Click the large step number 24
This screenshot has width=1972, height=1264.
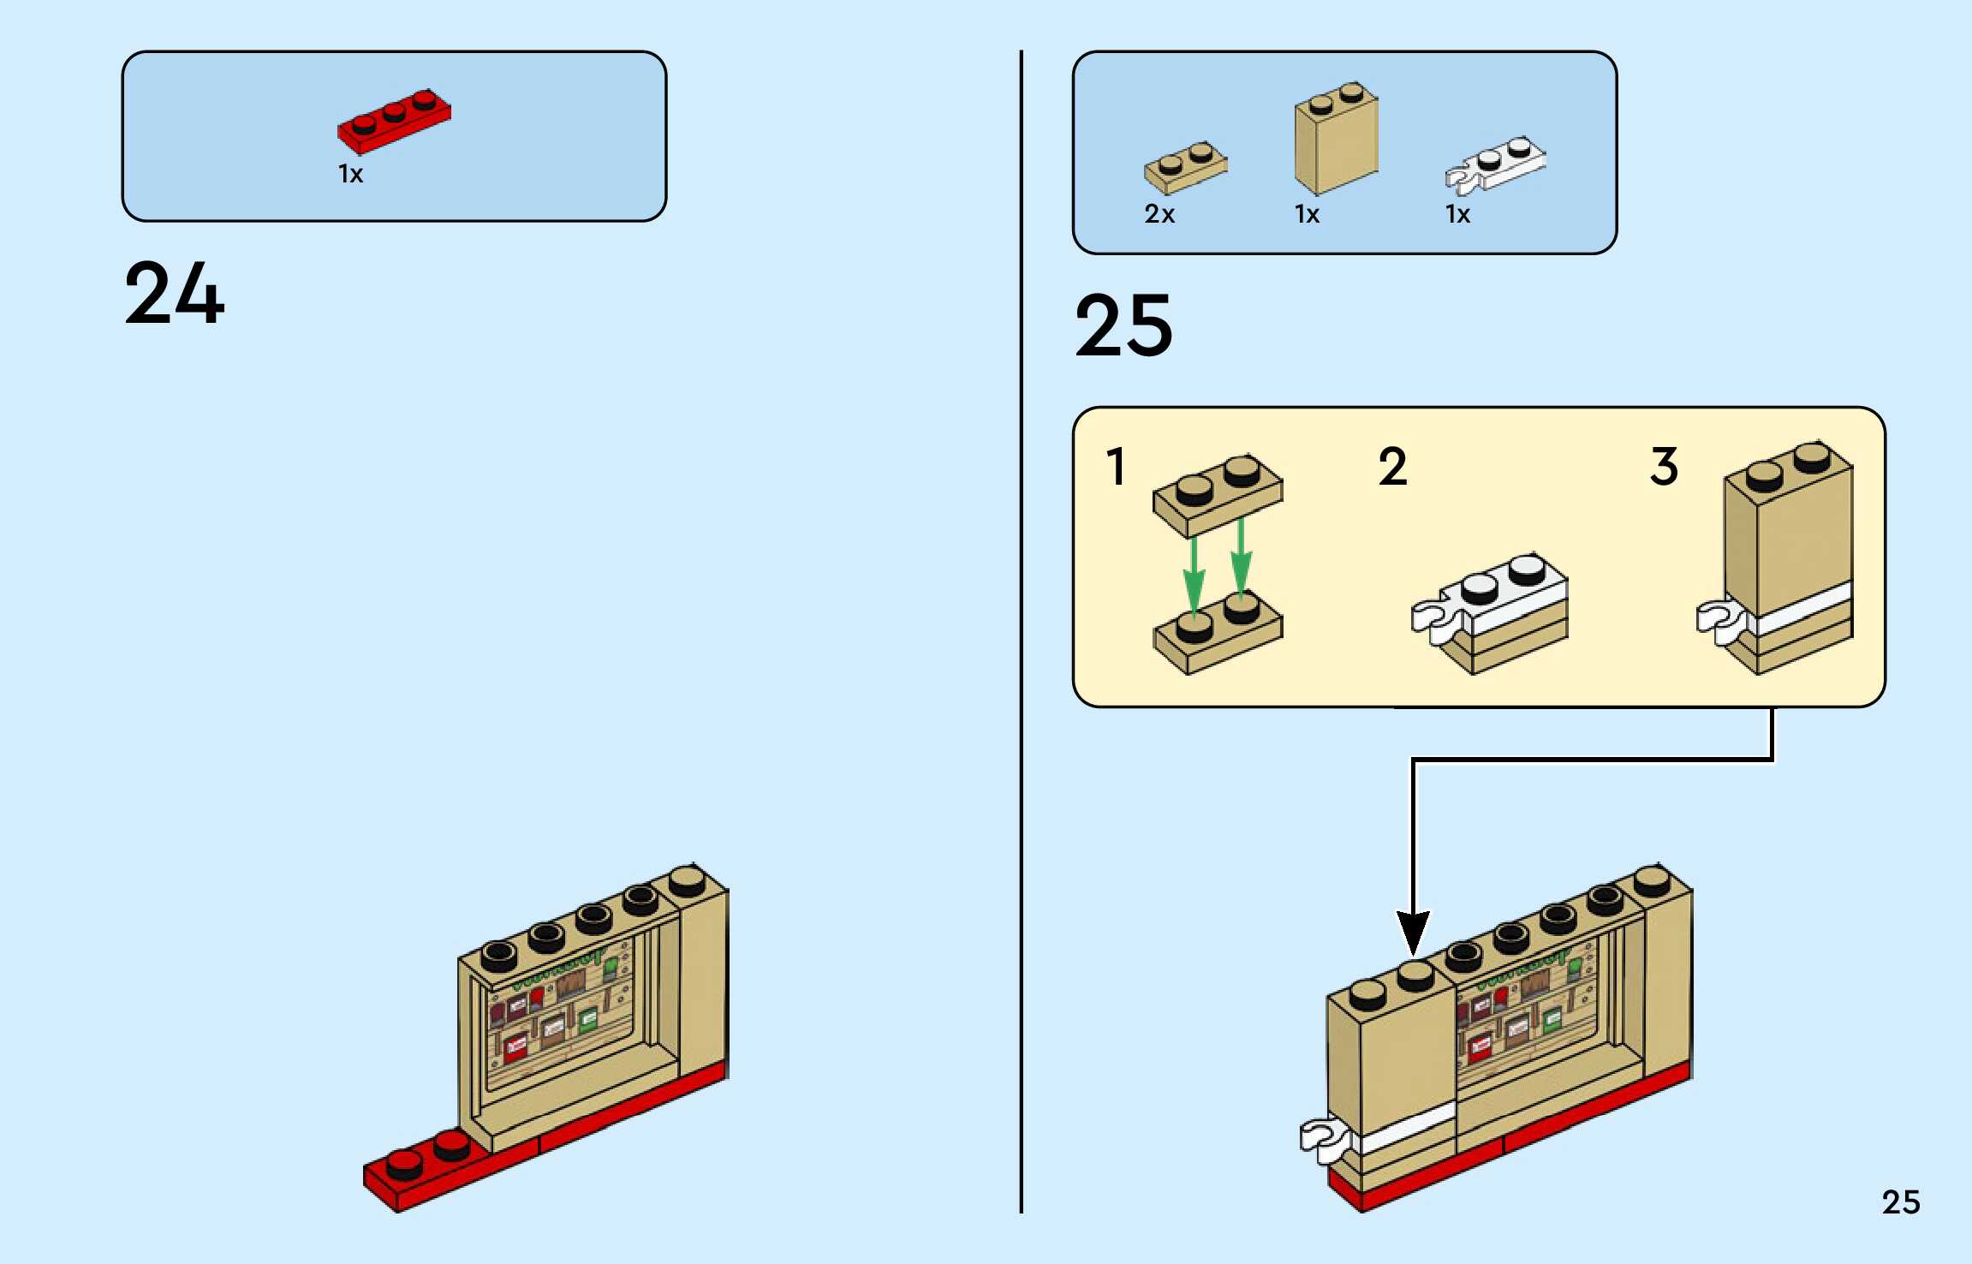click(175, 294)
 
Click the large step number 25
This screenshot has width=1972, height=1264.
click(1123, 325)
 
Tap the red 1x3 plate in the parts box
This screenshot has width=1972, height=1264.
click(394, 122)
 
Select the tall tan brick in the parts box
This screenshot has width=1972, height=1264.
click(1336, 141)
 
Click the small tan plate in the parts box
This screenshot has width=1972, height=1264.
click(1185, 167)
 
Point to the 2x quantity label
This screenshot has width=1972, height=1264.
click(1159, 214)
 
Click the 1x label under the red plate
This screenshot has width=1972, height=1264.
click(351, 175)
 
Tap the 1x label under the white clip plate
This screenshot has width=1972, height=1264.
click(1457, 214)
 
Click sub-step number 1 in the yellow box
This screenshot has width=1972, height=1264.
click(1116, 467)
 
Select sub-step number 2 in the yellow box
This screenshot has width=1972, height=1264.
click(1392, 467)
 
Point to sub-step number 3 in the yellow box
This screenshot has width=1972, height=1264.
click(1664, 467)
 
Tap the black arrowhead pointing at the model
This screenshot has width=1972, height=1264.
click(1413, 932)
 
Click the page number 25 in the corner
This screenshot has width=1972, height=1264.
click(1900, 1202)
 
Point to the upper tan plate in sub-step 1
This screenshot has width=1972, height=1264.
click(1218, 495)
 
